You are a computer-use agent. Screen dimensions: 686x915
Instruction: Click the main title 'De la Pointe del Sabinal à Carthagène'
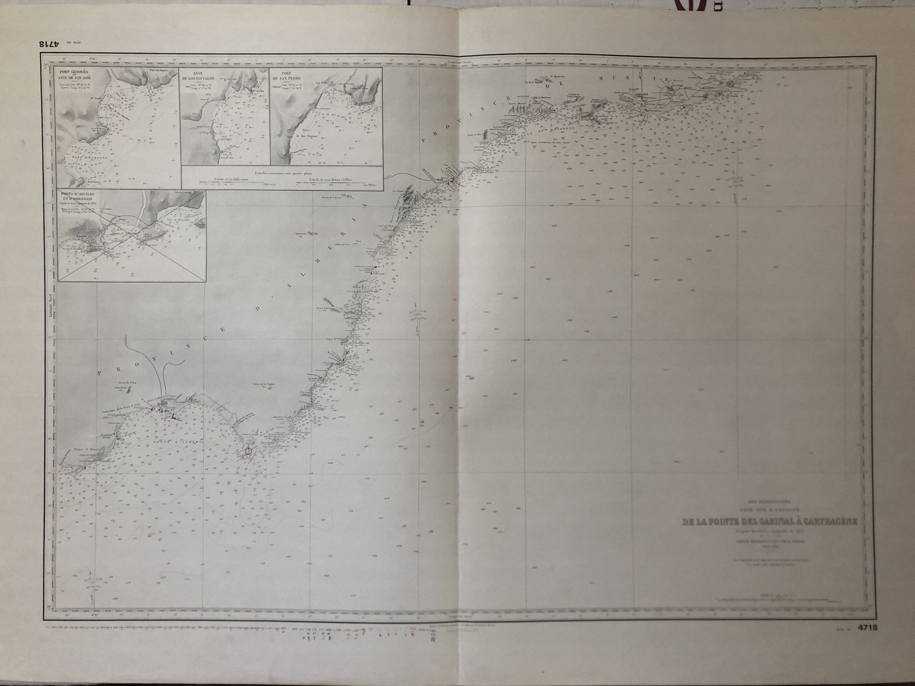[769, 522]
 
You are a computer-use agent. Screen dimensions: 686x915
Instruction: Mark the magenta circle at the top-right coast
[730, 83]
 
